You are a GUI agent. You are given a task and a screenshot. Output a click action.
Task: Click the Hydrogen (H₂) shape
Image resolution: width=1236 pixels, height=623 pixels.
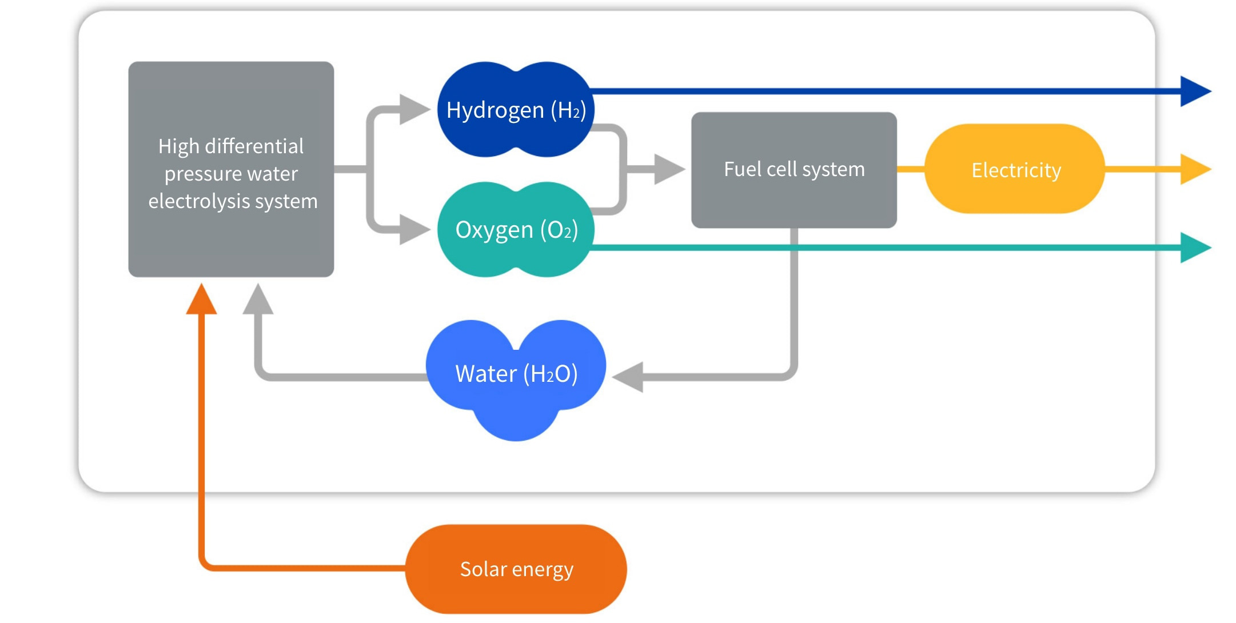tap(516, 109)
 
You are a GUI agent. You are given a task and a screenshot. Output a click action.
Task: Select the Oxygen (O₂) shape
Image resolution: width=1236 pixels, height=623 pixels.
tap(516, 230)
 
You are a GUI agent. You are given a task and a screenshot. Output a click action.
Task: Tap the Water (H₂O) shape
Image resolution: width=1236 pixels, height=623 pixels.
tap(516, 374)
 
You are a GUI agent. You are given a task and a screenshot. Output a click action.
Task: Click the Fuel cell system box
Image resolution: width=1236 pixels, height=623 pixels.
tap(794, 170)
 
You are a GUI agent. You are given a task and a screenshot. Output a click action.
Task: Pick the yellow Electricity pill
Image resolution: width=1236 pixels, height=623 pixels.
tap(1015, 169)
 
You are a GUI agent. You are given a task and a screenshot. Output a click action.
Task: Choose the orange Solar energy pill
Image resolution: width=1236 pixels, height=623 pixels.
tap(516, 569)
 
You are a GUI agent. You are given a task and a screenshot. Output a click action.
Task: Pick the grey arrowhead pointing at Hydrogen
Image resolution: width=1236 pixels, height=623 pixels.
tap(413, 109)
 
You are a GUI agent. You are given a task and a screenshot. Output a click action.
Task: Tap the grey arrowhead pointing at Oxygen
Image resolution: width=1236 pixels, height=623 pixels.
tap(413, 229)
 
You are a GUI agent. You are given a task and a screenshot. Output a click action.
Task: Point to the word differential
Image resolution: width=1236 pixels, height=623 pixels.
tap(254, 146)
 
